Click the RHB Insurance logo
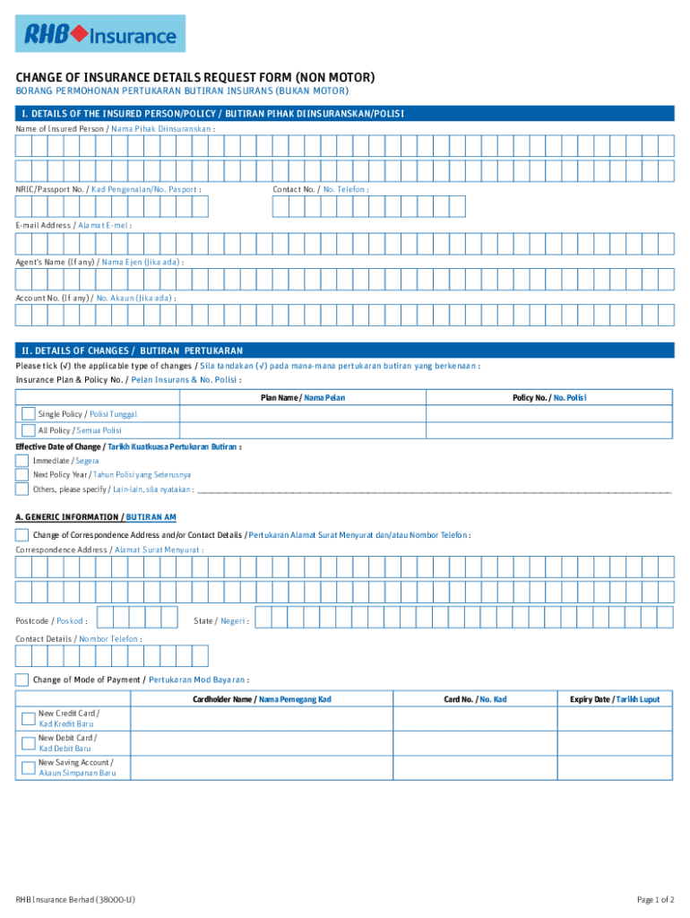[x=99, y=34]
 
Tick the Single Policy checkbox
[x=29, y=413]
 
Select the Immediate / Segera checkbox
[x=22, y=461]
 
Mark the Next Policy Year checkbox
[x=22, y=474]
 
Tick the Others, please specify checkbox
[x=22, y=489]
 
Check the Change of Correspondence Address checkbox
[x=22, y=535]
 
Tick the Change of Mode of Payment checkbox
[x=22, y=680]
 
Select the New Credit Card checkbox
[x=29, y=718]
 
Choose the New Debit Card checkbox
[x=29, y=743]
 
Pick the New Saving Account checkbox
[x=29, y=767]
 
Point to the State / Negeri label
[x=221, y=620]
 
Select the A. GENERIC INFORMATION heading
[x=96, y=517]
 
